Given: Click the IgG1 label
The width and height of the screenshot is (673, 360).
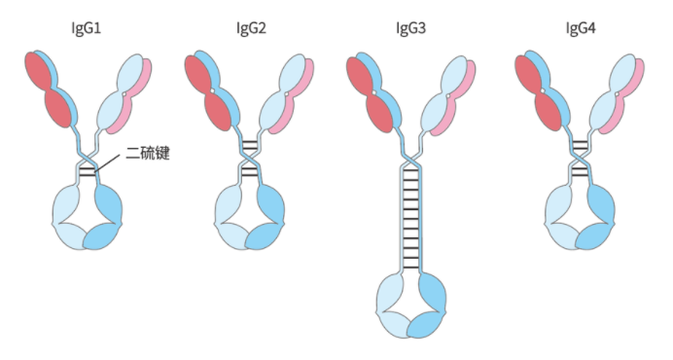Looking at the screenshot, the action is click(86, 29).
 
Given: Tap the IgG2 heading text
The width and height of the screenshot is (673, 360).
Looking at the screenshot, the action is click(251, 29).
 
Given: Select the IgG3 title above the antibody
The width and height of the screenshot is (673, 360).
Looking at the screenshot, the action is click(410, 29).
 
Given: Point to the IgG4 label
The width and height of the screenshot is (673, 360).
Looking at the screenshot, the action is click(581, 29).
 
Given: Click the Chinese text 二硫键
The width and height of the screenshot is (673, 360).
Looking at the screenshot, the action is click(148, 154).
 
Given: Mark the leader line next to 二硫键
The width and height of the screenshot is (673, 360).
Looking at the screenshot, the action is click(107, 163).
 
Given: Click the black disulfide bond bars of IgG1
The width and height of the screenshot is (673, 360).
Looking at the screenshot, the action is click(88, 170).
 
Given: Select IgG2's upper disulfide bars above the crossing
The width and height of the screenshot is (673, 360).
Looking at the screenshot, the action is click(250, 146).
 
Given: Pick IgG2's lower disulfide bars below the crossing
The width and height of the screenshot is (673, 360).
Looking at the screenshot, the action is click(250, 171).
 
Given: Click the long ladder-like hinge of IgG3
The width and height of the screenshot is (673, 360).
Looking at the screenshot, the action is click(410, 219).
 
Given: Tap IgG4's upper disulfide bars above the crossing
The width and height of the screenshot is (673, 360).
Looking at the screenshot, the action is click(581, 145).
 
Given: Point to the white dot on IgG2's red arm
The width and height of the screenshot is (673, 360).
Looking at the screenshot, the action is click(212, 90).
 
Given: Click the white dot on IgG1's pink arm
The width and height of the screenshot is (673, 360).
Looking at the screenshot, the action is click(124, 93).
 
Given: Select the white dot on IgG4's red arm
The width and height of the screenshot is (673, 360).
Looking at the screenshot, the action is click(543, 90).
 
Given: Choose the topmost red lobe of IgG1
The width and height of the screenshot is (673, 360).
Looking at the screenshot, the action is click(40, 70).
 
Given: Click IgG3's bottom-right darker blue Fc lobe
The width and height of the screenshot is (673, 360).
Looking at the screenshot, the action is click(426, 325).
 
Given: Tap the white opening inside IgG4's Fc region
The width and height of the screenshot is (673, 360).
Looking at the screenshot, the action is click(581, 210).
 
